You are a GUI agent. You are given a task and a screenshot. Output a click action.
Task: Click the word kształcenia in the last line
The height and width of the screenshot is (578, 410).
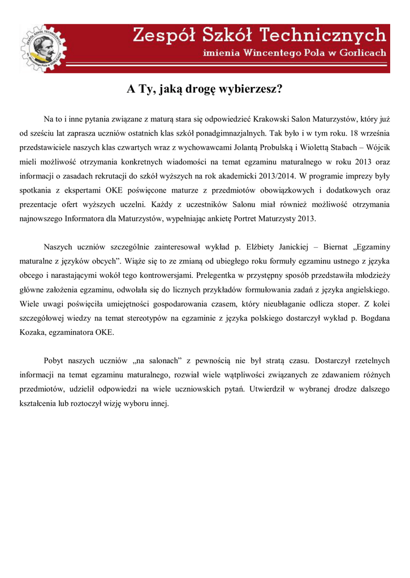40,403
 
